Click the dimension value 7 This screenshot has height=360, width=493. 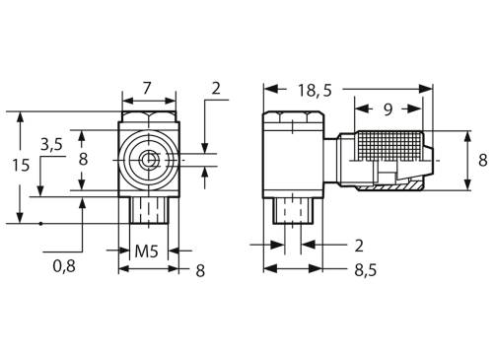coord(147,89)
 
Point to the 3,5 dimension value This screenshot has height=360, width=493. coord(52,144)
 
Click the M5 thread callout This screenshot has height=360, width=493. coord(147,252)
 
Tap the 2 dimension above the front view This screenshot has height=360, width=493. coord(217,90)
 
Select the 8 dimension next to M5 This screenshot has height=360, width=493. coord(199,269)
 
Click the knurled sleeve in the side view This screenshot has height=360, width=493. coord(388,149)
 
